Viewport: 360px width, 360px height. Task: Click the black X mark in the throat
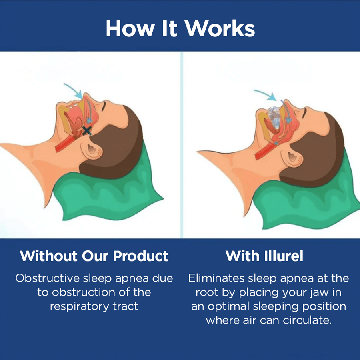pyautogui.click(x=86, y=130)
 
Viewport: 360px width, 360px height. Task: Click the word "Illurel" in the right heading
pyautogui.click(x=283, y=256)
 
